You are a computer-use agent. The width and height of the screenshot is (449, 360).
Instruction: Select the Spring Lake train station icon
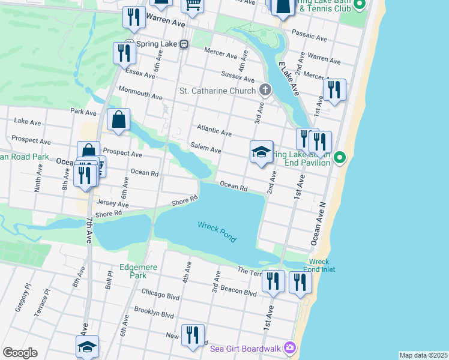click(184, 44)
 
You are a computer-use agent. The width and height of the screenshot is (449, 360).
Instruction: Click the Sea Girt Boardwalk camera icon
click(291, 347)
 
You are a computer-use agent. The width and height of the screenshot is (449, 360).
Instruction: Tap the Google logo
click(20, 353)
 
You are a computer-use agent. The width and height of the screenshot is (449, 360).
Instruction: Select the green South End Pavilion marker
click(340, 158)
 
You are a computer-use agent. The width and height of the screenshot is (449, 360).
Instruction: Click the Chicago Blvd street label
click(160, 293)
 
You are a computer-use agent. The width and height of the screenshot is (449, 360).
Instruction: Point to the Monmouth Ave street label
click(140, 96)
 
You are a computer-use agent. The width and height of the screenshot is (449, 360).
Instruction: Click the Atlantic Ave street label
click(214, 130)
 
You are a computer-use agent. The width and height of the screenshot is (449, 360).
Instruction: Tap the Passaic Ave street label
click(309, 35)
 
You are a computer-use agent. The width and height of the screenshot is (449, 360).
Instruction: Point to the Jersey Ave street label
click(112, 204)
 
